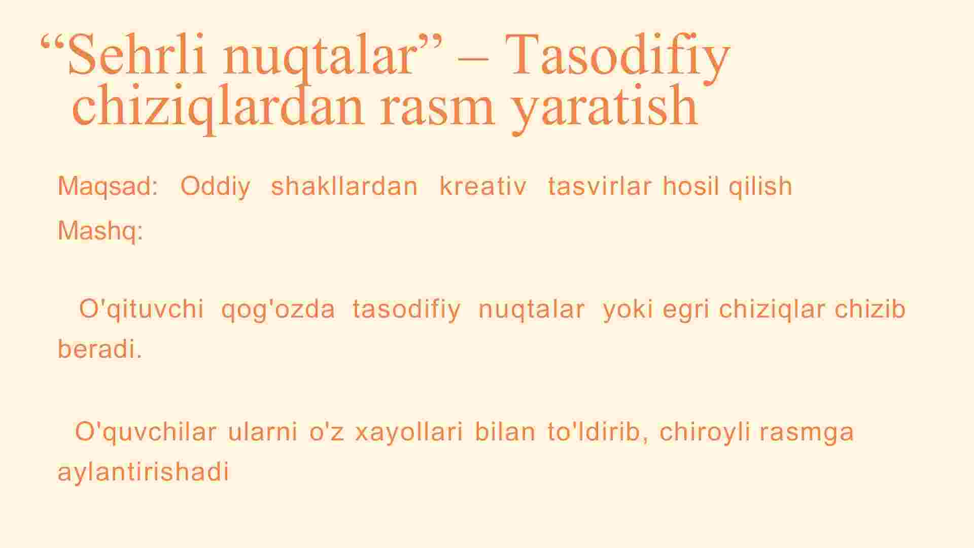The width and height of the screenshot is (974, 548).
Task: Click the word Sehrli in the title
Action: coord(136,54)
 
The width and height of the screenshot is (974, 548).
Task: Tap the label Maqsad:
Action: coord(108,186)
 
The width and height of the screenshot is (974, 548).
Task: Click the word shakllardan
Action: coord(344,186)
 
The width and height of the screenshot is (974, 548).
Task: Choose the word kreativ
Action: coord(483,186)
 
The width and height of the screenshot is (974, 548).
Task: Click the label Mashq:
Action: coord(100,232)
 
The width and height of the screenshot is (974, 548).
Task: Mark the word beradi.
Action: coord(100,349)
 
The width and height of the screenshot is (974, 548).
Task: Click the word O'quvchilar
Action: coord(146,432)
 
